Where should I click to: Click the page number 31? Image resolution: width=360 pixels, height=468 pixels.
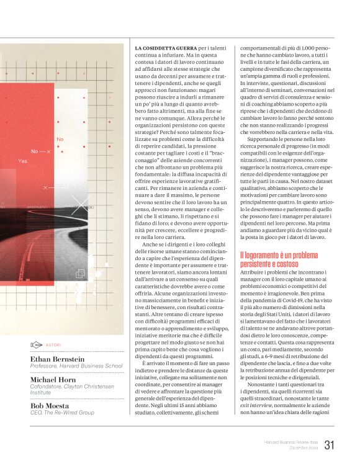point(329,444)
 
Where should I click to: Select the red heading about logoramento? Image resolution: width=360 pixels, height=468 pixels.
point(285,259)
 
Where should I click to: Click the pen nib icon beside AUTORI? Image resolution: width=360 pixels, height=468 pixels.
point(36,344)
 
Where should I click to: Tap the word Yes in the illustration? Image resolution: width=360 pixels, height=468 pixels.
point(22,161)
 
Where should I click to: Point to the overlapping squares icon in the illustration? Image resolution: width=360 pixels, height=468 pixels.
point(80,273)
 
